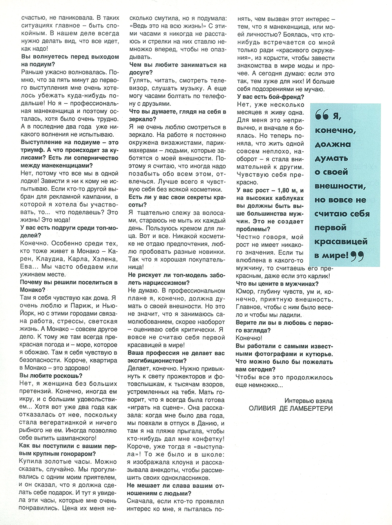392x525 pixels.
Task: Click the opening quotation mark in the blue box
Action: pyautogui.click(x=321, y=116)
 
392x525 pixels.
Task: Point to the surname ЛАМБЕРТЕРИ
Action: pyautogui.click(x=311, y=408)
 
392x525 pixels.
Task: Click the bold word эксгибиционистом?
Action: pyautogui.click(x=158, y=360)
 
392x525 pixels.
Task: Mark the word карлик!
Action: pyautogui.click(x=316, y=276)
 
